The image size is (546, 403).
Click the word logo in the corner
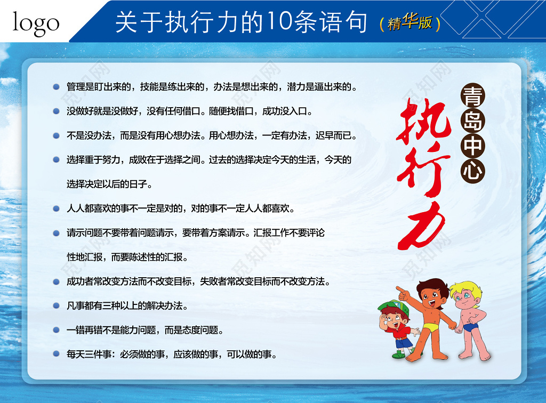(x=36, y=23)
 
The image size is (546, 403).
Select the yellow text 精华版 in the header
(x=410, y=22)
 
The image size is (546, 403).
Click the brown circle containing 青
(x=473, y=95)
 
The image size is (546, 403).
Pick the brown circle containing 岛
(x=473, y=120)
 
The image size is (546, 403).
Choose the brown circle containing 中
(x=473, y=146)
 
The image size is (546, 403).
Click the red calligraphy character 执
(x=423, y=122)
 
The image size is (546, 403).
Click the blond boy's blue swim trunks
(x=470, y=327)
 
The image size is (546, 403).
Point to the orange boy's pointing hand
(x=403, y=293)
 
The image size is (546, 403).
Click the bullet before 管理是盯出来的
(x=56, y=87)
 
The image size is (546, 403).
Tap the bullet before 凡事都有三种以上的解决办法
(x=56, y=305)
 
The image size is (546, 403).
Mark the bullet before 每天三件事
(x=56, y=354)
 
